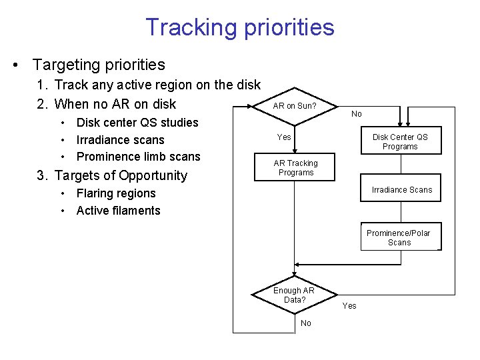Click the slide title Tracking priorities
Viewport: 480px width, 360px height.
coord(240,27)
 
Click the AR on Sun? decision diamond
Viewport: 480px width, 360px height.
coord(295,106)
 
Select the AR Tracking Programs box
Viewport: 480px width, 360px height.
coord(295,168)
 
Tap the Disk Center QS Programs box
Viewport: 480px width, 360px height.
coord(400,141)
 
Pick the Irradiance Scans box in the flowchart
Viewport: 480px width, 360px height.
coord(401,190)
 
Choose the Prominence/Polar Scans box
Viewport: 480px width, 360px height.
coord(399,237)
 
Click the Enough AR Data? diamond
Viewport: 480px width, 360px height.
coord(294,295)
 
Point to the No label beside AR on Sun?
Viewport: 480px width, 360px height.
coord(357,114)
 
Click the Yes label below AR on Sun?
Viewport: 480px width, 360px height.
coord(284,137)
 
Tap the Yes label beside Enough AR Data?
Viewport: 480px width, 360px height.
coord(349,306)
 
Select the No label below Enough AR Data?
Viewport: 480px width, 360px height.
coord(306,323)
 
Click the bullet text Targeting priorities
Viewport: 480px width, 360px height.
coord(98,65)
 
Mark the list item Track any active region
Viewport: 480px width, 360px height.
coord(157,85)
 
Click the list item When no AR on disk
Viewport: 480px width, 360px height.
coord(115,104)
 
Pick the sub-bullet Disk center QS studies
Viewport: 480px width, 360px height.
coord(137,123)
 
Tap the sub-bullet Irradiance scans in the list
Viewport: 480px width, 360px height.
coord(120,140)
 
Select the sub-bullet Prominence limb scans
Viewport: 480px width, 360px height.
coord(138,157)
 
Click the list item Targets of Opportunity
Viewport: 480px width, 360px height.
coord(121,175)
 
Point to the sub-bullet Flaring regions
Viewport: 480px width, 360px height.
coord(115,193)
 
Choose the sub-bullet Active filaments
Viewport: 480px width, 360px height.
coord(118,211)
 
